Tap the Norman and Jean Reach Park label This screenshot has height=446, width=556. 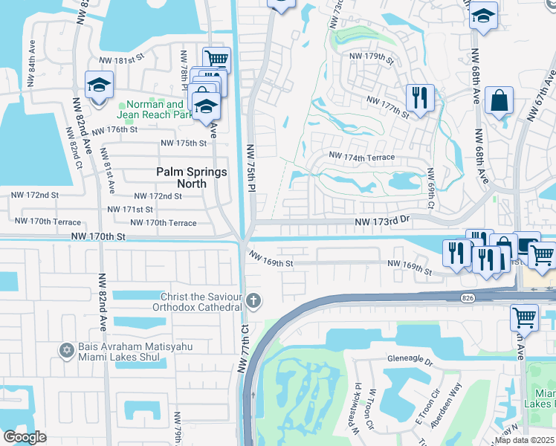tap(155, 110)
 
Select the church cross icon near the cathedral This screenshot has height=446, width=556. tap(254, 301)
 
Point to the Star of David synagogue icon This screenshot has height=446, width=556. tap(65, 349)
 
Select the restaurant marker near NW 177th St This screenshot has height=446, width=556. tap(420, 97)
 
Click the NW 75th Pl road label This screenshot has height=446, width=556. tap(250, 169)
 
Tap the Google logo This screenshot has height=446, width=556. tap(25, 437)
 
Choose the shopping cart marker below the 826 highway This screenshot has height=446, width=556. tap(524, 317)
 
